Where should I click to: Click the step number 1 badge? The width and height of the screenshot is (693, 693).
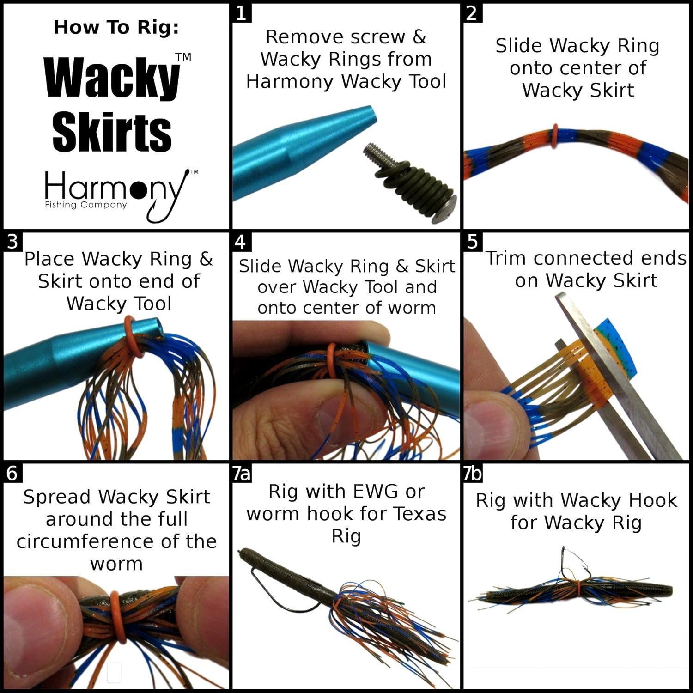click(241, 13)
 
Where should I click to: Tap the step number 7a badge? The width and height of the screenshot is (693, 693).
click(242, 473)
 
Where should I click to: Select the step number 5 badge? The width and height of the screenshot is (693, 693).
click(473, 242)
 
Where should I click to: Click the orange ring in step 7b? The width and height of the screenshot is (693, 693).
click(578, 588)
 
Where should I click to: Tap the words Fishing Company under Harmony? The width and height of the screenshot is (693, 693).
click(85, 205)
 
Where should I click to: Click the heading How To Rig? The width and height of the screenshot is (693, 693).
click(116, 27)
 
